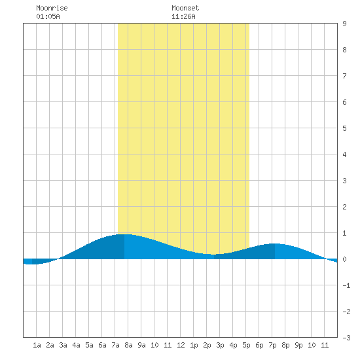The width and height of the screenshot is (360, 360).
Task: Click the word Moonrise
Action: [x=52, y=8]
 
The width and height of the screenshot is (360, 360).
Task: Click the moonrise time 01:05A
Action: [x=48, y=16]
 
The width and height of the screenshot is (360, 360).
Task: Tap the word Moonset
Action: [x=185, y=8]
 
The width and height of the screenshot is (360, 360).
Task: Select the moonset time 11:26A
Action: [x=183, y=16]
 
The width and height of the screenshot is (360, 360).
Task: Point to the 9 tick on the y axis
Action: [x=344, y=24]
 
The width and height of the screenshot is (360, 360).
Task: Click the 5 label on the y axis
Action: [x=344, y=128]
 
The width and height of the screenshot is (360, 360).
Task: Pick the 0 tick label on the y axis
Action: [x=344, y=259]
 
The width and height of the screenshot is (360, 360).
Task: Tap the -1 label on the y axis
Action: [x=346, y=285]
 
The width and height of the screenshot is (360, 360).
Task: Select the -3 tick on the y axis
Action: [x=346, y=338]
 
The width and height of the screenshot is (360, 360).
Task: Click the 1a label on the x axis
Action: [x=37, y=345]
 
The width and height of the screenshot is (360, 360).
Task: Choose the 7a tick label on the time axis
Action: [x=115, y=345]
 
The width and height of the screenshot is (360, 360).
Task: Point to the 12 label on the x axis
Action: [x=181, y=345]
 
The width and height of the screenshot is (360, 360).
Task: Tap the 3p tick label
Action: [x=220, y=345]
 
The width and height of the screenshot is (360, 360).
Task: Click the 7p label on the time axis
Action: [x=272, y=345]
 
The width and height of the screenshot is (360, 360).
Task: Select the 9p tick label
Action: [x=298, y=345]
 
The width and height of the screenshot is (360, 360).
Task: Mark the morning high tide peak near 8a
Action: [x=124, y=234]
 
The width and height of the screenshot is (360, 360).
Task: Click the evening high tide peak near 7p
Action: [x=275, y=243]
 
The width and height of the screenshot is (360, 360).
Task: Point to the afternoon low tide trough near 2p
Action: [x=214, y=255]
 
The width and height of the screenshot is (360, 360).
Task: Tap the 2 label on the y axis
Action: [x=344, y=207]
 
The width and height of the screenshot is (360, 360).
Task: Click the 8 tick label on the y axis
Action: [x=344, y=50]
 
